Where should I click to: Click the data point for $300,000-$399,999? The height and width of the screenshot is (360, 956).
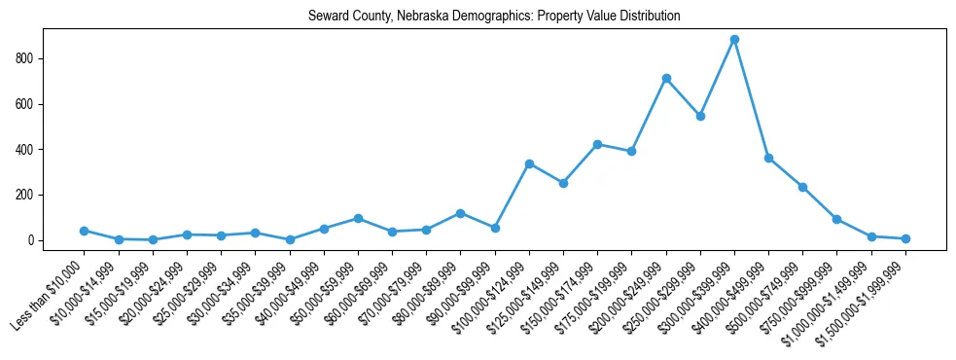click(x=734, y=40)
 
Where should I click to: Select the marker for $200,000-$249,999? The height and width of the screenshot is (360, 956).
click(x=666, y=78)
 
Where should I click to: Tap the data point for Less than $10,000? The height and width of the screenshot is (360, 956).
click(x=84, y=231)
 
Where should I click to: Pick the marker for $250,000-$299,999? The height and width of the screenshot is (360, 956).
click(x=700, y=116)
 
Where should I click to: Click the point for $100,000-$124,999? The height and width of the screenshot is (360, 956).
click(x=529, y=163)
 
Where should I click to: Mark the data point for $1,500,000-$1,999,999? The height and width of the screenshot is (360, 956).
click(x=905, y=238)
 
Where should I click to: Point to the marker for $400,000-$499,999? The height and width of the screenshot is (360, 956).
click(x=768, y=158)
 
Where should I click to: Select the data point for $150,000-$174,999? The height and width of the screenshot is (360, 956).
click(x=597, y=144)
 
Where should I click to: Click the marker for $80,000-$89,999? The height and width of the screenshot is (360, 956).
click(x=460, y=213)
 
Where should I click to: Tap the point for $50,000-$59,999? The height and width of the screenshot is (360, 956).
click(x=358, y=218)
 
